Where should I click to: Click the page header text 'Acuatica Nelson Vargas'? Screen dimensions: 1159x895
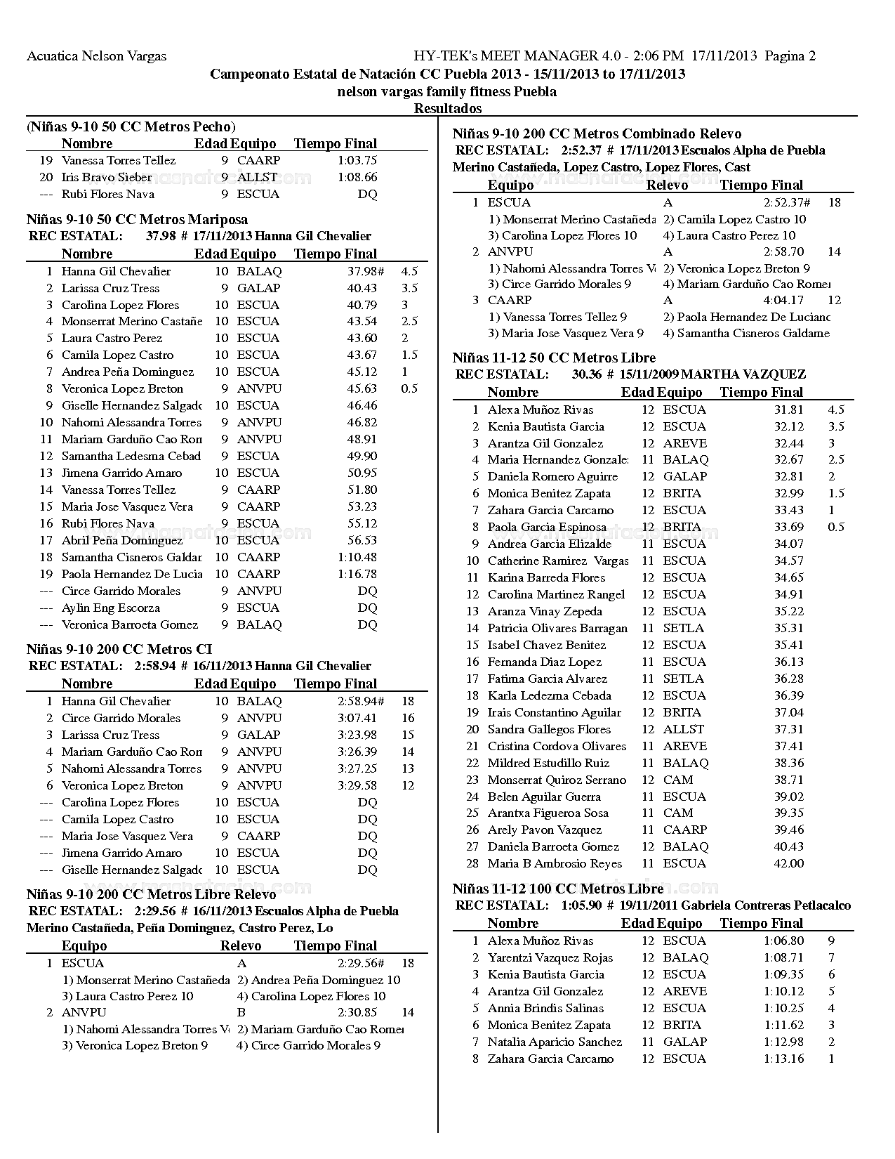click(x=96, y=56)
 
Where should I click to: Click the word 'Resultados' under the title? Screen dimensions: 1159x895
click(x=447, y=108)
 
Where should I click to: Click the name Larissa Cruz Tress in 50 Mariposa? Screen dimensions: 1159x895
click(x=110, y=288)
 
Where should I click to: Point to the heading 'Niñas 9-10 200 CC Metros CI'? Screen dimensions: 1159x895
click(x=119, y=649)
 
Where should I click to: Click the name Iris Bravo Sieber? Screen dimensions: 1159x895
click(x=106, y=177)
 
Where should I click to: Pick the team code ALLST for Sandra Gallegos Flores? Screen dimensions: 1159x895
click(x=683, y=729)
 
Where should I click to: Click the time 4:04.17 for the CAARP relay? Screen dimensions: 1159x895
click(x=783, y=300)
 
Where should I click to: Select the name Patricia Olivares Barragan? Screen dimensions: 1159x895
click(x=557, y=628)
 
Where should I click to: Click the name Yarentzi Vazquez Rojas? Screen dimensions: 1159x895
click(x=550, y=957)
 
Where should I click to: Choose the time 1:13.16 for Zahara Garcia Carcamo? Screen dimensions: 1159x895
click(x=783, y=1059)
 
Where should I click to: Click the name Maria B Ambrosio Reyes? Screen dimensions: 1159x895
click(x=555, y=863)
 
